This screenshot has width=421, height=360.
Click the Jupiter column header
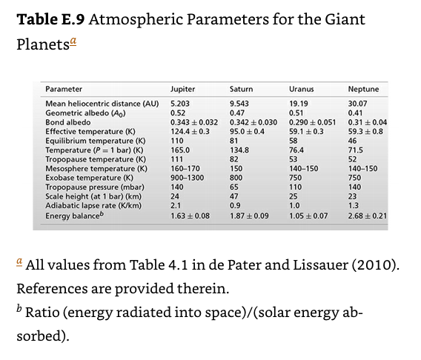[x=183, y=89]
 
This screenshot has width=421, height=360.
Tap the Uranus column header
[x=301, y=89]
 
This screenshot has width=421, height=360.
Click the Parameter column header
[x=64, y=89]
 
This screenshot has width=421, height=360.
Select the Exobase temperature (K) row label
[x=89, y=178]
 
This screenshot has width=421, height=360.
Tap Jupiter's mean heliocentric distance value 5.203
[x=181, y=103]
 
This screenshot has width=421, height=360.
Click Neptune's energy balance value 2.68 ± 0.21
[x=368, y=216]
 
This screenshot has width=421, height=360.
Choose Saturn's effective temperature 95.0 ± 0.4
[x=248, y=131]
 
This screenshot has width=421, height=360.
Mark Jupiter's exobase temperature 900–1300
[x=187, y=178]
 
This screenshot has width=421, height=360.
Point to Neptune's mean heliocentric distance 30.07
[x=358, y=103]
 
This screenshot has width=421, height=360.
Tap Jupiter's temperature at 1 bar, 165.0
[x=181, y=150]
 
